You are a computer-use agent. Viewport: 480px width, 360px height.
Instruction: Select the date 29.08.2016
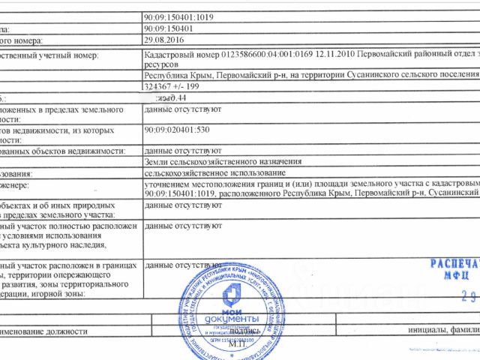pyautogui.click(x=163, y=40)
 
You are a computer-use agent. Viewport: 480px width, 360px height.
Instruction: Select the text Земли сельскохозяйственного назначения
pyautogui.click(x=223, y=161)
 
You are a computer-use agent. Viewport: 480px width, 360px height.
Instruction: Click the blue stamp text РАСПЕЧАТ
pyautogui.click(x=453, y=264)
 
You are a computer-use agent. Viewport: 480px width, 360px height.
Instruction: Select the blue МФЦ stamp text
pyautogui.click(x=450, y=275)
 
